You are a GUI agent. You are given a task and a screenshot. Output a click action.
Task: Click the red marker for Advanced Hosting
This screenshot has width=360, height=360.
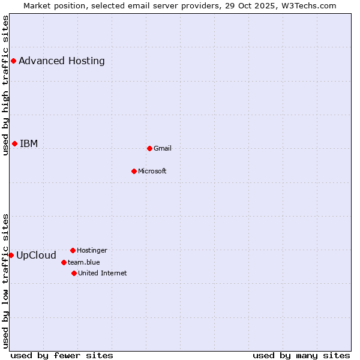(x=13, y=61)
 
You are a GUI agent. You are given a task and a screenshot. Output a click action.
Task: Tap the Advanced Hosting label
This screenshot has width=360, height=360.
(x=62, y=61)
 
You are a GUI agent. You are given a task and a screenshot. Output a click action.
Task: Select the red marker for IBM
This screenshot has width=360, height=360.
(x=14, y=143)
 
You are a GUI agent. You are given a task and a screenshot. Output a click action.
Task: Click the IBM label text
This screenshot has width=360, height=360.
(x=29, y=143)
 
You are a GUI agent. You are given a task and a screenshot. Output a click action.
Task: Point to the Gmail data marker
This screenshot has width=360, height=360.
(x=149, y=148)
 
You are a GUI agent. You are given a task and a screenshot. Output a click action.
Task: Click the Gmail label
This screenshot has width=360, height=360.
(x=163, y=148)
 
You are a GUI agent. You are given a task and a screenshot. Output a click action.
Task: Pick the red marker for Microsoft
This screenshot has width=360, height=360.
(x=134, y=171)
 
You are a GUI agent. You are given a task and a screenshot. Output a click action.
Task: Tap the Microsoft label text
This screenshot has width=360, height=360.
(x=152, y=171)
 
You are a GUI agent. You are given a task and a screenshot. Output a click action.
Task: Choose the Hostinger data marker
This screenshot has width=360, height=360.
(x=73, y=250)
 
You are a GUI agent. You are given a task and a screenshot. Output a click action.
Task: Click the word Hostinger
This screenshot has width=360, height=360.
(x=92, y=250)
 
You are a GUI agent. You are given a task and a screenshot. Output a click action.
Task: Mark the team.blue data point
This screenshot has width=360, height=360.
(x=64, y=262)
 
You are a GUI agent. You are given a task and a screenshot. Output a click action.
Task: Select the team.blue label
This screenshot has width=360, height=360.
(x=84, y=262)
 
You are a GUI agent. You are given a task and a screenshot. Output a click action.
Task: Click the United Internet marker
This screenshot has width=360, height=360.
(x=74, y=273)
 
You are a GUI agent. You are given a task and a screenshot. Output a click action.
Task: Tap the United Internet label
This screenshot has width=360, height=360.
(x=103, y=273)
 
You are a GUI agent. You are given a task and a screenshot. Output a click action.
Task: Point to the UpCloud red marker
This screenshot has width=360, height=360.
(x=11, y=255)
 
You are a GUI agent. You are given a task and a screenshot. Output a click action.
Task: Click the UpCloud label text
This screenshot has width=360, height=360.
(x=36, y=255)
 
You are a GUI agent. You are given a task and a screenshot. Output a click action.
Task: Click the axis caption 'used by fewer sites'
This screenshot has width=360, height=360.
(x=62, y=355)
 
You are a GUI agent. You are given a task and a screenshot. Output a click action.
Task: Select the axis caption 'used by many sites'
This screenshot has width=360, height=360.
(x=301, y=355)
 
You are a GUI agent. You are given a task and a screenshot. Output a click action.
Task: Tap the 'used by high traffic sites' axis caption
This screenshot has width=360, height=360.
(x=5, y=85)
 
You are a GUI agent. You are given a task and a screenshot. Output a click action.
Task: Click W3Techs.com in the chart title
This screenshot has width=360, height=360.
(x=310, y=5)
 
